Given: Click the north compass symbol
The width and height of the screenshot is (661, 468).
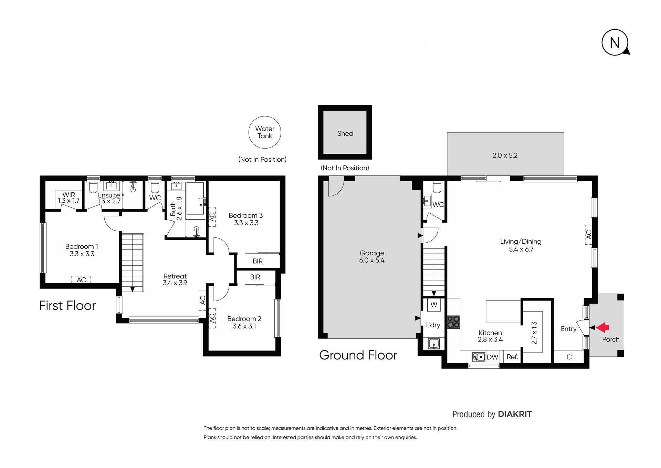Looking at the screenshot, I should [615, 42].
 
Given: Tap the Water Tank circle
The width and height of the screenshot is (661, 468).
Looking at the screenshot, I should [265, 132].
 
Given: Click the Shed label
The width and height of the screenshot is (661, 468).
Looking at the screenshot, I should [345, 133].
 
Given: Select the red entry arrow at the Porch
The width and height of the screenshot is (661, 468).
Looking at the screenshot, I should [602, 327].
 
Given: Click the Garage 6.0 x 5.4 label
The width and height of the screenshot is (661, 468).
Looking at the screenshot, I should [372, 257].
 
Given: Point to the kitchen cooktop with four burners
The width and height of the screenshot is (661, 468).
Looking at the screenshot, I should [453, 322].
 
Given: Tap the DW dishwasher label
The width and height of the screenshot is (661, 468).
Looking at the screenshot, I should [492, 357].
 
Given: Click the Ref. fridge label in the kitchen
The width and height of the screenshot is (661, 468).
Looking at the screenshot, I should [512, 357].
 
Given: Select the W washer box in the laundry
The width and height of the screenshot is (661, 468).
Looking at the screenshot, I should [434, 305].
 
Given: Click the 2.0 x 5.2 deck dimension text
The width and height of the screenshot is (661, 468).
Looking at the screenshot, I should [505, 155].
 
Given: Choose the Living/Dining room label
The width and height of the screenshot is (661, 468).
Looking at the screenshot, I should [521, 245].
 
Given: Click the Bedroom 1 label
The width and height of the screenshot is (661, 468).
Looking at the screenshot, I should [82, 250].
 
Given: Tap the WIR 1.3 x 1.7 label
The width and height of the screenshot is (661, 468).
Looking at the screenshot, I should [69, 197].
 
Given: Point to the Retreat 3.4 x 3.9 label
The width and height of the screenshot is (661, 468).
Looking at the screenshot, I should [175, 279].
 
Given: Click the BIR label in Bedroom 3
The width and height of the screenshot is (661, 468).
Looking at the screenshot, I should [258, 261].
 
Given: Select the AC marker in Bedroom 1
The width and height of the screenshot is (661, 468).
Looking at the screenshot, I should [81, 279].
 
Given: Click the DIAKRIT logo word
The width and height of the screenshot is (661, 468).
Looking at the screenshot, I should [515, 414].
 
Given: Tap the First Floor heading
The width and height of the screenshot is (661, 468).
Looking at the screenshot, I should [67, 306].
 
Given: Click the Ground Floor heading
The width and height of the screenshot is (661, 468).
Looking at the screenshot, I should [358, 355].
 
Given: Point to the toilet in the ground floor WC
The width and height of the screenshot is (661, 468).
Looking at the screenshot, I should [437, 187].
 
